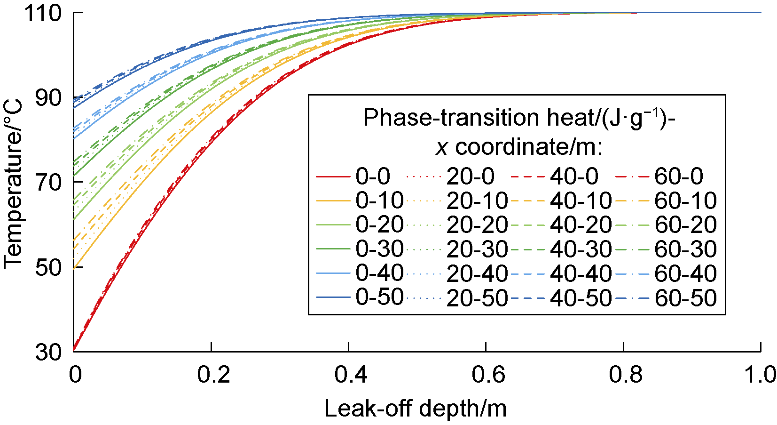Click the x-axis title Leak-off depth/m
click(x=416, y=409)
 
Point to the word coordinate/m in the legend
click(x=529, y=147)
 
